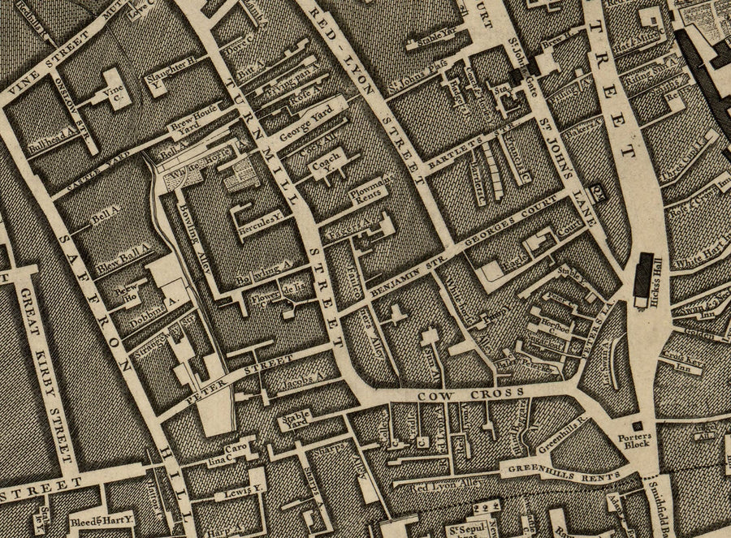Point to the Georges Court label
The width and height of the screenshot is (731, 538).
513,230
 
